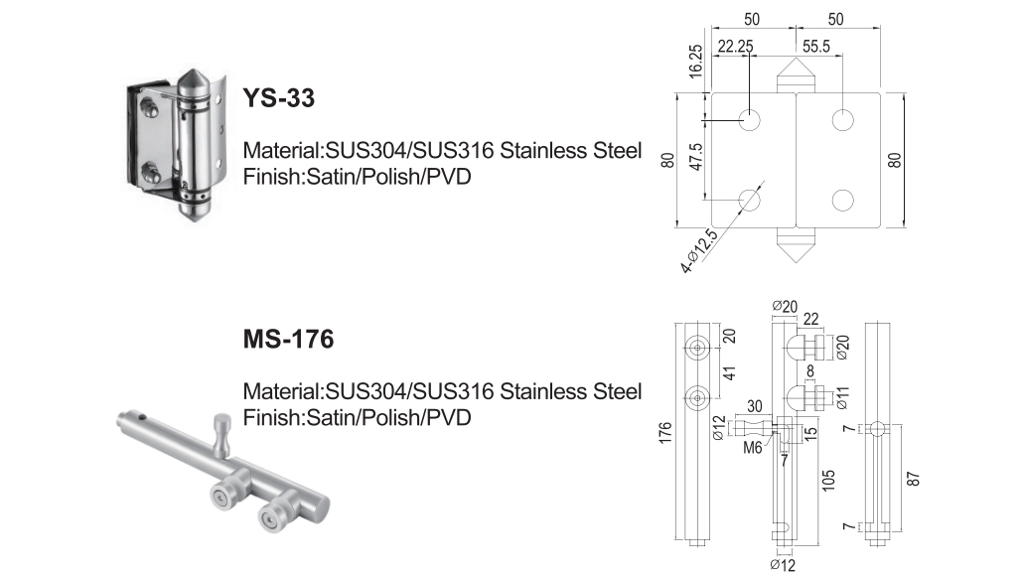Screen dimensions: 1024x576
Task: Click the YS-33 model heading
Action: [x=279, y=98]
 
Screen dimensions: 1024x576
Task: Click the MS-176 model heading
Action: [x=288, y=339]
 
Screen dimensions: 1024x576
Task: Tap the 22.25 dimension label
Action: [x=735, y=47]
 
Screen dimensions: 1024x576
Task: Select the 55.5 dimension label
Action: [x=816, y=47]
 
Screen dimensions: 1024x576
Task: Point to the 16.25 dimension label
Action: [x=696, y=61]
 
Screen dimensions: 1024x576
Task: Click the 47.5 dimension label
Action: [x=696, y=157]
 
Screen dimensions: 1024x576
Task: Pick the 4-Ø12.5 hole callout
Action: [x=699, y=251]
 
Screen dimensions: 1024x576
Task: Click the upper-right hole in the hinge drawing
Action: [x=842, y=120]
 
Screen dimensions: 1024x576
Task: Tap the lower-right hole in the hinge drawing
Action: [x=842, y=200]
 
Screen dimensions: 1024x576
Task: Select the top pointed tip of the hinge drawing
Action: [x=796, y=59]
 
